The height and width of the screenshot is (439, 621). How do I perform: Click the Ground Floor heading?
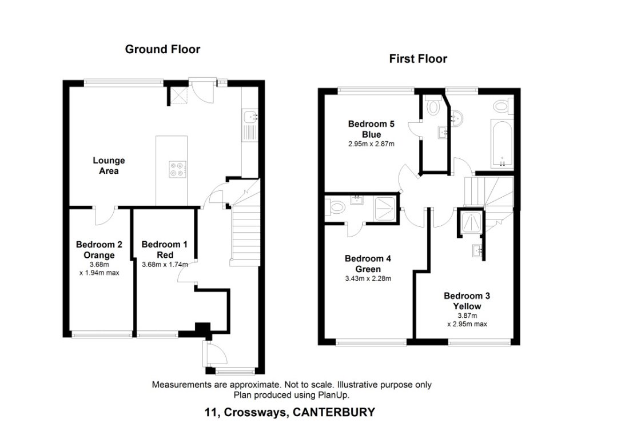click(x=162, y=49)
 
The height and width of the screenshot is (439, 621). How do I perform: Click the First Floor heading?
click(x=418, y=58)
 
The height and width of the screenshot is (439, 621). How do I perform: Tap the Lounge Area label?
click(x=109, y=166)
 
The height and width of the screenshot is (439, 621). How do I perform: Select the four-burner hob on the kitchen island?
click(x=177, y=169)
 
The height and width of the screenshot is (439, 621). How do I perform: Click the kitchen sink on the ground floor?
click(x=250, y=118)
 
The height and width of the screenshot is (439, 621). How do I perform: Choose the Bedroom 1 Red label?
click(x=165, y=250)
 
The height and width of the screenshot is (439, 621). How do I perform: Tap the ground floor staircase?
click(x=243, y=234)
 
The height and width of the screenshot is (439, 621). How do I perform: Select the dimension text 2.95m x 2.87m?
click(x=371, y=144)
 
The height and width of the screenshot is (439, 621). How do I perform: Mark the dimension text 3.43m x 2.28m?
click(x=368, y=278)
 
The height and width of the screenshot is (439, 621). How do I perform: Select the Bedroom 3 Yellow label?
click(x=467, y=301)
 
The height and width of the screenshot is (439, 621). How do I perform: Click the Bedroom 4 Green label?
click(x=368, y=264)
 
